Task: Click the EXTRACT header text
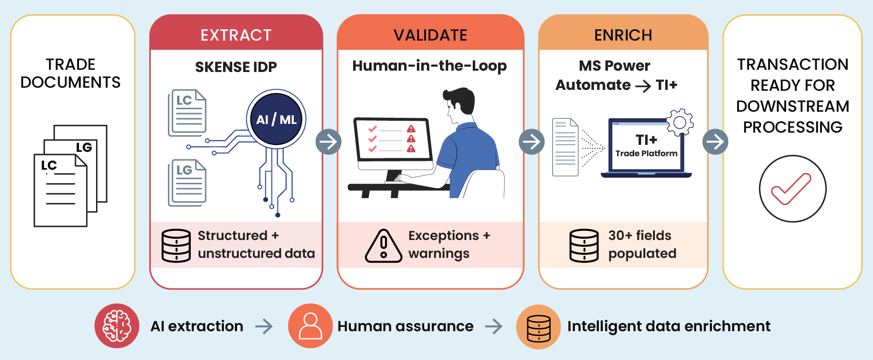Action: [x=236, y=35]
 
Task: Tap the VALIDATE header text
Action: [x=430, y=35]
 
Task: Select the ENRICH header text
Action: [x=623, y=35]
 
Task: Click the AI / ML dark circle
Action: [x=276, y=119]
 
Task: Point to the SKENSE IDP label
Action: [x=236, y=67]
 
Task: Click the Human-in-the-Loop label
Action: [x=430, y=65]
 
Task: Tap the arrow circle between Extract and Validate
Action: [x=329, y=141]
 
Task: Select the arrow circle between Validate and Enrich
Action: [x=532, y=141]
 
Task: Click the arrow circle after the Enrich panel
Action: [x=715, y=141]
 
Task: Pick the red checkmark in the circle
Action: [x=791, y=189]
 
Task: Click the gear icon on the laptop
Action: [x=680, y=122]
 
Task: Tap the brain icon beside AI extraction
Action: [x=117, y=326]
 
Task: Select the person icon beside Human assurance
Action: [x=310, y=326]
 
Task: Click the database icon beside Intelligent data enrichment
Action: [x=539, y=327]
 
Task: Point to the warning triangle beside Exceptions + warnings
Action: [x=384, y=246]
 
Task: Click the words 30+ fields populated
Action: [x=642, y=244]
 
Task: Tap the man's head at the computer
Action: [x=458, y=105]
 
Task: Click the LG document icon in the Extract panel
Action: [x=187, y=182]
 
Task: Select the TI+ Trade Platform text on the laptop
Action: [x=646, y=145]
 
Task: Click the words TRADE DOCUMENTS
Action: [x=71, y=73]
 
